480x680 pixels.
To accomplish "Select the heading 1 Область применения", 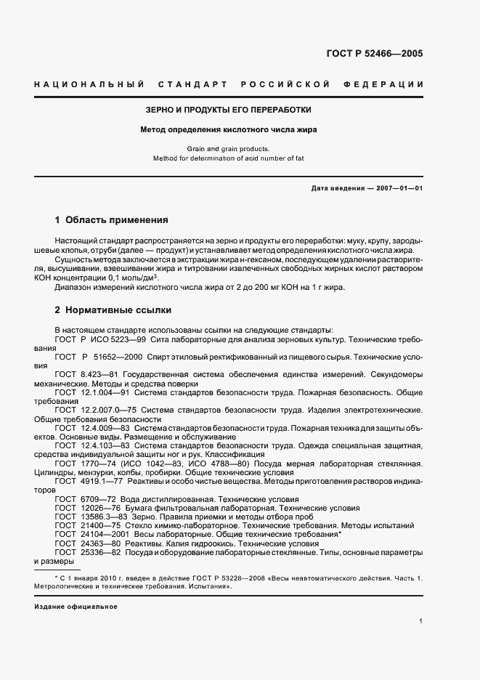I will [x=112, y=219].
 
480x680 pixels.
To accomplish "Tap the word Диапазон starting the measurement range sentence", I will [x=75, y=287].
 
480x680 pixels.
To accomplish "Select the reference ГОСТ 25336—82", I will [x=86, y=552].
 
